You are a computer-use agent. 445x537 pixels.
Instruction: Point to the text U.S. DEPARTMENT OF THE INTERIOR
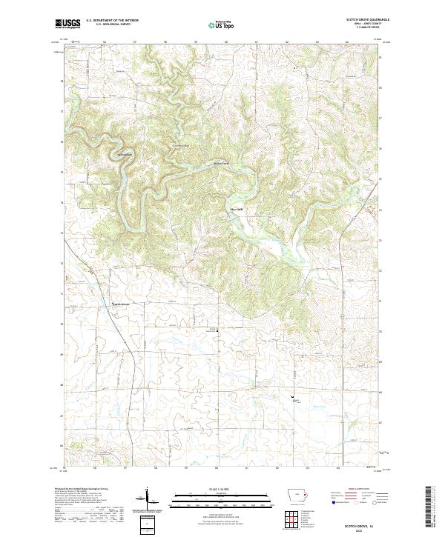tap(112, 21)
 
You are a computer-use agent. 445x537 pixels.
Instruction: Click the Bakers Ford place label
tap(221, 163)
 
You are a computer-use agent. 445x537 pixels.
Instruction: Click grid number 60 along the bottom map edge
tap(216, 468)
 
